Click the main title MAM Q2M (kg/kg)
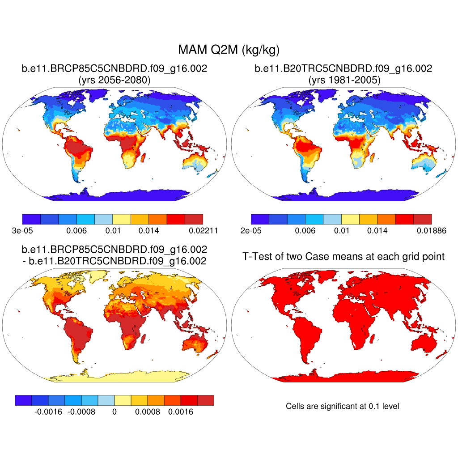(229, 49)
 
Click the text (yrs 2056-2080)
(114, 81)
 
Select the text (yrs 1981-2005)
(343, 81)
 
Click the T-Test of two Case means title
(343, 257)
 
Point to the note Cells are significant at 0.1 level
(343, 406)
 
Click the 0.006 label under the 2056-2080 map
(76, 231)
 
